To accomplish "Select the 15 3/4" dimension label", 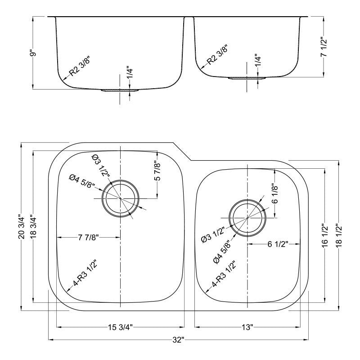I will tap(121, 326).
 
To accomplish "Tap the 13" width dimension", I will tap(247, 326).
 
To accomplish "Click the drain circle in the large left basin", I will tap(120, 198).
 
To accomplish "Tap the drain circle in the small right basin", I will tap(247, 218).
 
